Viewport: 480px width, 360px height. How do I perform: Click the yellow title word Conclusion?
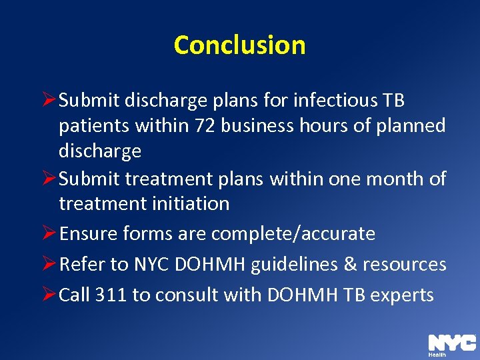(239, 45)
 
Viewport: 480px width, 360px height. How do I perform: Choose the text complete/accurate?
(293, 234)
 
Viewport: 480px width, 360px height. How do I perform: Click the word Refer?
(83, 265)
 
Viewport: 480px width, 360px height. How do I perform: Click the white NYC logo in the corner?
(451, 343)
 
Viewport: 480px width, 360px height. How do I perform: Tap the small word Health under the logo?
(437, 355)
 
